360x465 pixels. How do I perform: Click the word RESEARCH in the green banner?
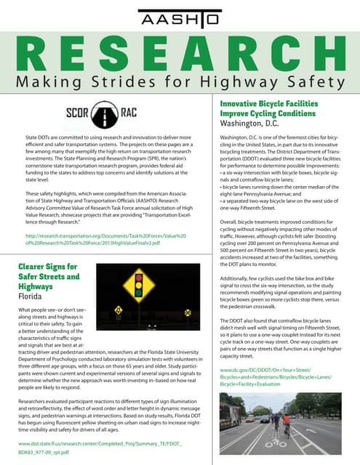pos(179,52)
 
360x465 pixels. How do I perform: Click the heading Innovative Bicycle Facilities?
pos(260,105)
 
